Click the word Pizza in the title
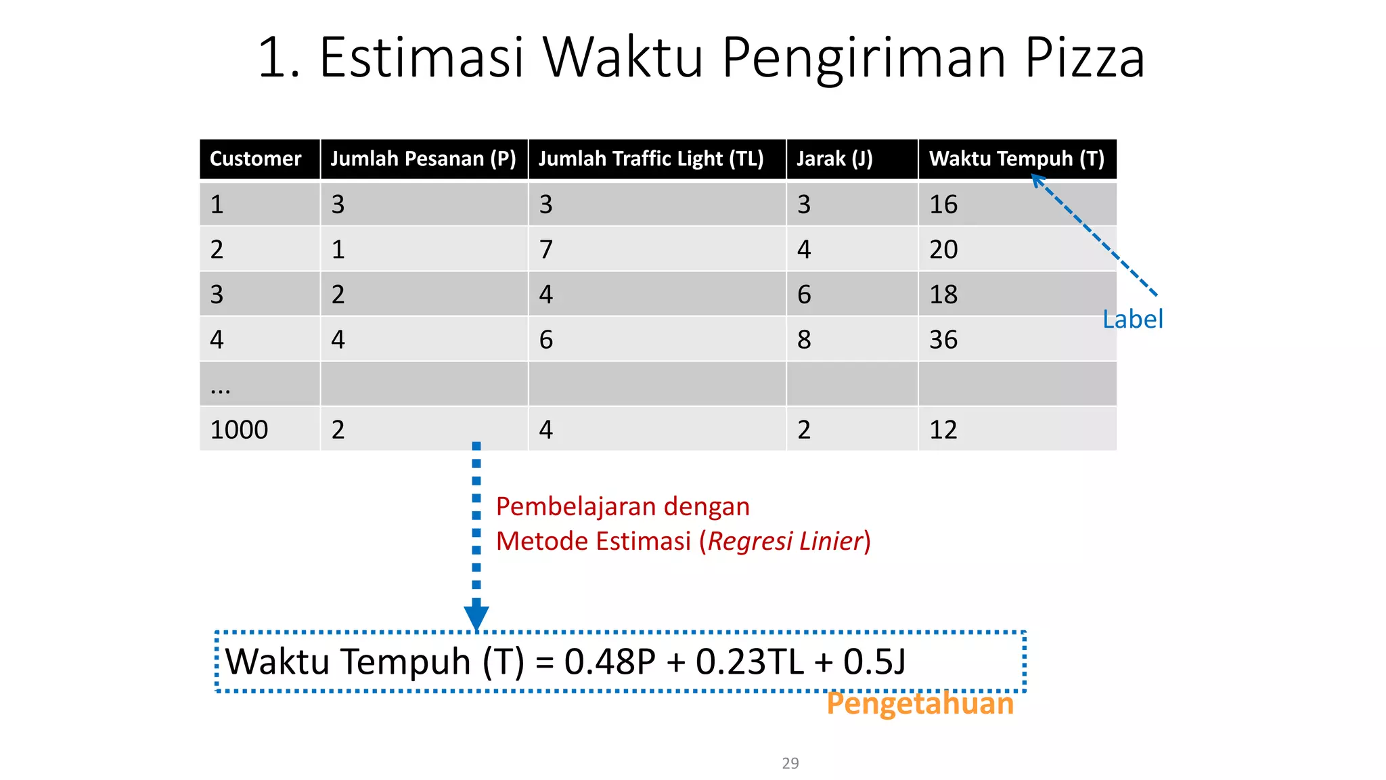click(1084, 58)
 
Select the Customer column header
click(255, 159)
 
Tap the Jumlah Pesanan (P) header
click(423, 159)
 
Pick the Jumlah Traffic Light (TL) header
click(650, 159)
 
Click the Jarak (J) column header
click(834, 159)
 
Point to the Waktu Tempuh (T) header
click(1016, 159)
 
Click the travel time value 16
click(943, 204)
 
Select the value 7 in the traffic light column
click(546, 250)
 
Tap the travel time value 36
click(943, 340)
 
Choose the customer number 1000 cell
click(239, 430)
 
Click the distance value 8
click(804, 340)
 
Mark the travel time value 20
click(943, 250)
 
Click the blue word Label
click(1132, 320)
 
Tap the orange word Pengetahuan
click(920, 703)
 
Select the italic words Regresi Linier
click(785, 542)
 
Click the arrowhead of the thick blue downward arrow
click(476, 617)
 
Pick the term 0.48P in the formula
click(610, 662)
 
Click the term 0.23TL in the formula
click(750, 662)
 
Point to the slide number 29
click(790, 763)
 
